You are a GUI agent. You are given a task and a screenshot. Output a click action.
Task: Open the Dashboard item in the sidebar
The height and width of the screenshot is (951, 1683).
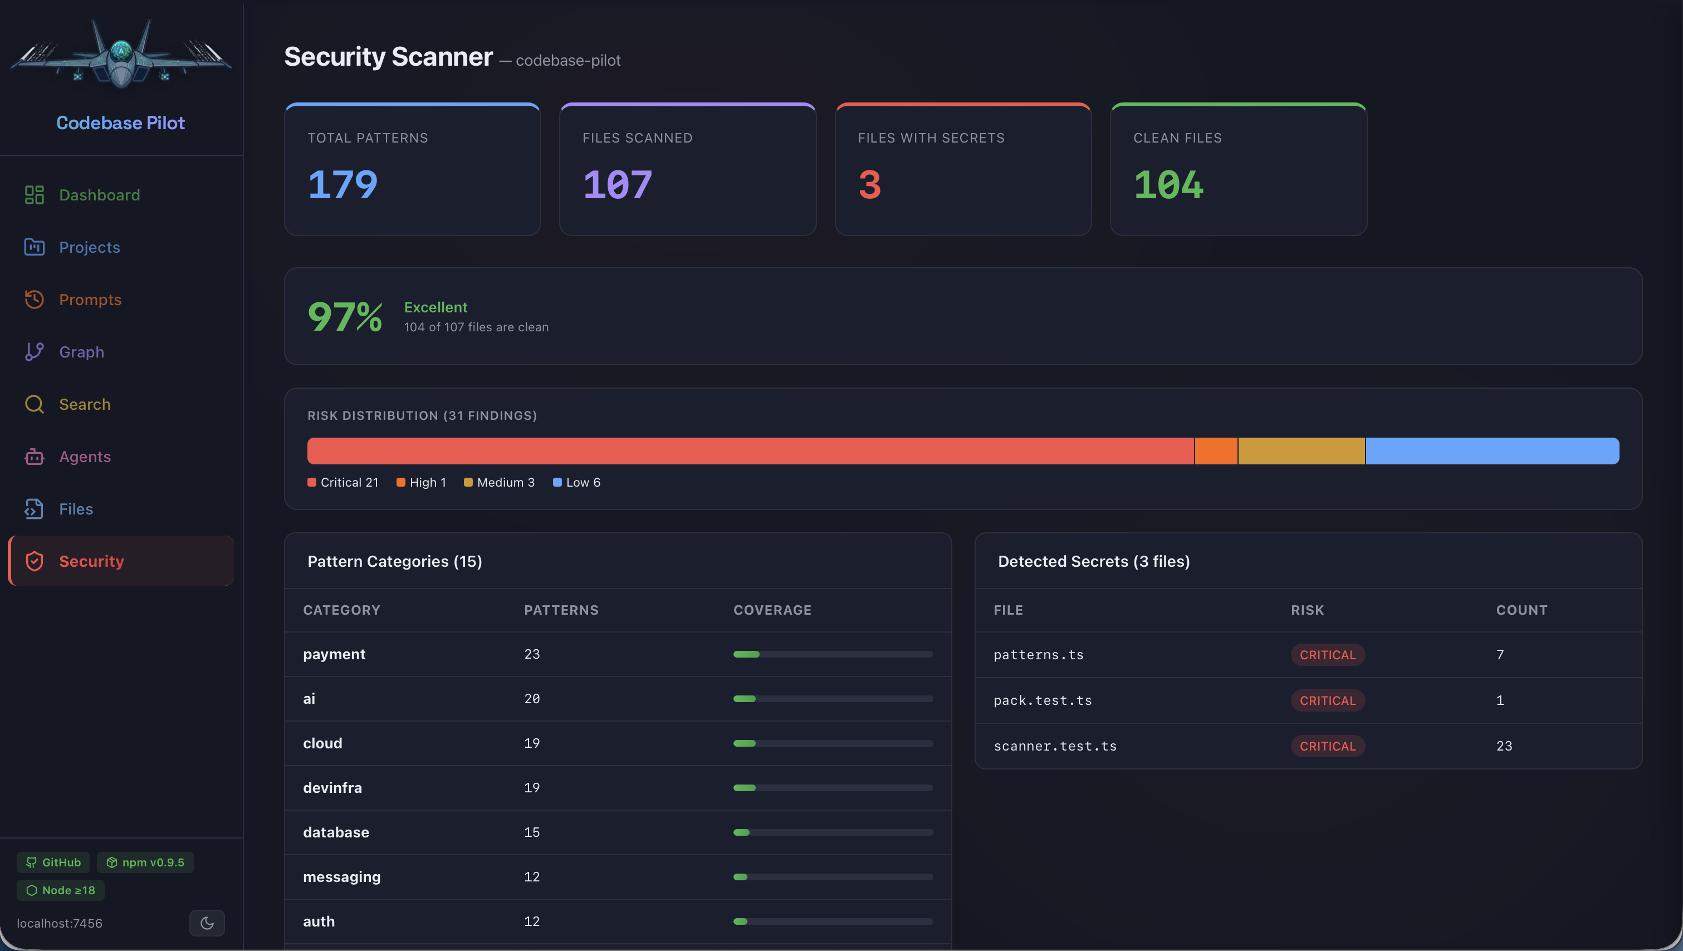click(99, 195)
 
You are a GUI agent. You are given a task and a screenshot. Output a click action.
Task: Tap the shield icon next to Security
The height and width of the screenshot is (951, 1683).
click(34, 561)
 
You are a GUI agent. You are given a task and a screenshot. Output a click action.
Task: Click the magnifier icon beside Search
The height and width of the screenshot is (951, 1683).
click(34, 404)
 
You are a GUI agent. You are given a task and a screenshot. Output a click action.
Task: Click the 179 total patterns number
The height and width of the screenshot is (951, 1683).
click(343, 185)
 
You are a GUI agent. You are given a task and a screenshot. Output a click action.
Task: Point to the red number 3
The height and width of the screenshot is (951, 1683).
click(869, 185)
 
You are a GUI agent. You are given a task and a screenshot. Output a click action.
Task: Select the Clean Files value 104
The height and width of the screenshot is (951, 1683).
click(1168, 185)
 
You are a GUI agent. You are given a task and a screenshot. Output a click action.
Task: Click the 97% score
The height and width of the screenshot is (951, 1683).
click(344, 317)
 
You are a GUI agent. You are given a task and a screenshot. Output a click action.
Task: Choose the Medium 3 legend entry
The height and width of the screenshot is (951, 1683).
click(499, 483)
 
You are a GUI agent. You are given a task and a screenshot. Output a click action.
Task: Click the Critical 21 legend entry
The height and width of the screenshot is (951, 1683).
click(343, 483)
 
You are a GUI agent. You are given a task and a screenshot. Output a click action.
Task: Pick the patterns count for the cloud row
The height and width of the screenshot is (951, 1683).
click(532, 743)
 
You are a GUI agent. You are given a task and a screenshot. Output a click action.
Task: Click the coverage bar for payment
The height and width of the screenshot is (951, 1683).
click(833, 654)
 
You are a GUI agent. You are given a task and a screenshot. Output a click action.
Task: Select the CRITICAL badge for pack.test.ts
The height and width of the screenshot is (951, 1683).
click(1327, 700)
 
